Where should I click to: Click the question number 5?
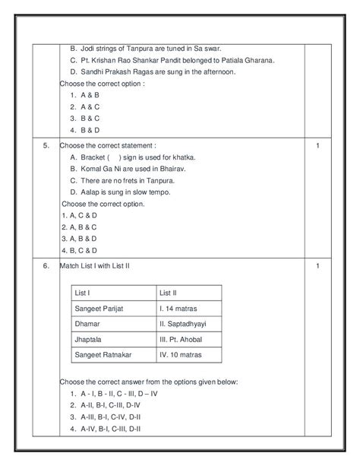click(x=46, y=144)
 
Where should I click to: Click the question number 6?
click(x=46, y=265)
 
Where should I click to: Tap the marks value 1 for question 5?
click(x=317, y=144)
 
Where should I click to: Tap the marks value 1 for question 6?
click(x=317, y=265)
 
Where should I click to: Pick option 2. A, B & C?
click(x=81, y=227)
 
